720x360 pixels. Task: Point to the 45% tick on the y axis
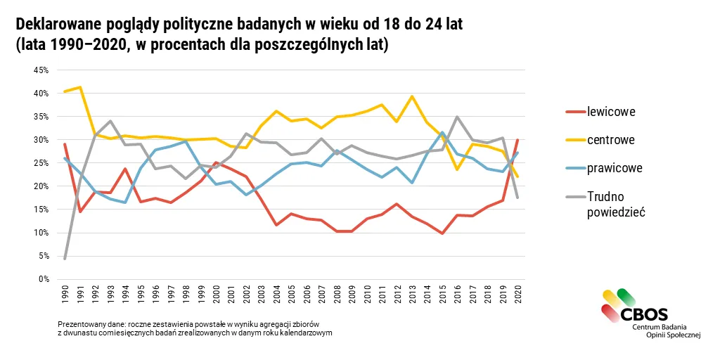pos(41,70)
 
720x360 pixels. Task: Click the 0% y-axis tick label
pos(44,279)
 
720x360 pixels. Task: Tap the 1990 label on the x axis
pos(65,293)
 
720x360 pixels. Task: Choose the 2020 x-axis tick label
pos(518,293)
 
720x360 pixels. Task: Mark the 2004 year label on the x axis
pos(276,293)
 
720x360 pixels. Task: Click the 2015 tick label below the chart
pos(442,293)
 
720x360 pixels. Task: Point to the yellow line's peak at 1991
pos(80,86)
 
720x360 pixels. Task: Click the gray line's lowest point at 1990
pos(65,259)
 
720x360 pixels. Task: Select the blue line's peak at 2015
pos(442,133)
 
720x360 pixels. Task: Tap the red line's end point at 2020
pos(518,140)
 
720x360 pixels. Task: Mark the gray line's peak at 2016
pos(457,117)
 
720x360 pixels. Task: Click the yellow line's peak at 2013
pos(412,96)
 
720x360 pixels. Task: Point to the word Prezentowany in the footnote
pos(77,325)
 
